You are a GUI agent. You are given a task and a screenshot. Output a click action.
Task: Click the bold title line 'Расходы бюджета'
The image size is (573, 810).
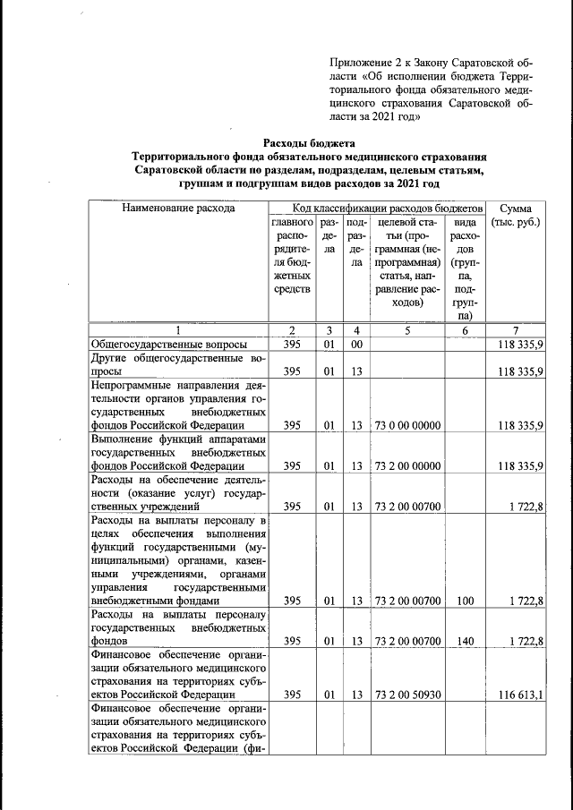coord(309,143)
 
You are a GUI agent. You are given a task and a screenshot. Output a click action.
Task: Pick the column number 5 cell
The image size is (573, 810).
coord(407,329)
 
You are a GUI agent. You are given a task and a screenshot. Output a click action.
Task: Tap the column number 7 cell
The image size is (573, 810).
coord(517,329)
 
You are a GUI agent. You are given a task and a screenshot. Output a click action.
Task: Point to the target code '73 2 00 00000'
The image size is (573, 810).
coord(407,465)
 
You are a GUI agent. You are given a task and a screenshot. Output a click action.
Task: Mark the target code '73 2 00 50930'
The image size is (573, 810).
coord(407,694)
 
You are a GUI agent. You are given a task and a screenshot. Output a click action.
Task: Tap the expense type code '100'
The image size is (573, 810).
coord(465,602)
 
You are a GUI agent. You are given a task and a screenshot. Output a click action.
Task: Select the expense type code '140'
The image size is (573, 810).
coord(465,642)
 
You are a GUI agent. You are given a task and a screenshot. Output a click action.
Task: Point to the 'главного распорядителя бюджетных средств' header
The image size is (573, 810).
coord(292,255)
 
